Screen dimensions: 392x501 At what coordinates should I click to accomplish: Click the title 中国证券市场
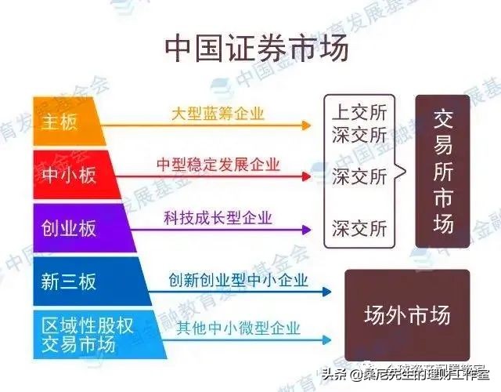pyautogui.click(x=251, y=49)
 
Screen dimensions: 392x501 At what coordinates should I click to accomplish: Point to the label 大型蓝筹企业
pyautogui.click(x=218, y=113)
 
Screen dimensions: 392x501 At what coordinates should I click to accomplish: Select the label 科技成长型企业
pyautogui.click(x=218, y=217)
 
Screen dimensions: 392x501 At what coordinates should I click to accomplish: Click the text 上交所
pyautogui.click(x=359, y=110)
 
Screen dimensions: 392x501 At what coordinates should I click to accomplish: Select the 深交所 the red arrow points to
pyautogui.click(x=359, y=176)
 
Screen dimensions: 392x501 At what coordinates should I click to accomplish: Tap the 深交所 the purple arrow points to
pyautogui.click(x=359, y=229)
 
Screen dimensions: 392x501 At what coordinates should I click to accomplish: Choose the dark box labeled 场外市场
pyautogui.click(x=407, y=315)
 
